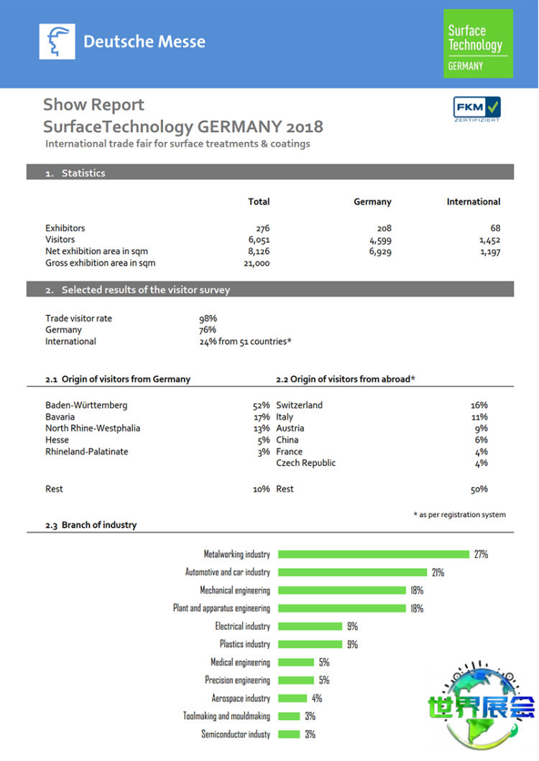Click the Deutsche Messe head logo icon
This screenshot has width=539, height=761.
tap(57, 42)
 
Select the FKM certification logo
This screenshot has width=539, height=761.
tap(476, 108)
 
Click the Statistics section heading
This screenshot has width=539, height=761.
tap(83, 173)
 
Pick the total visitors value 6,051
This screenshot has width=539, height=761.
tap(257, 241)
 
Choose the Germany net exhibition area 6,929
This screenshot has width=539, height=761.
tap(379, 252)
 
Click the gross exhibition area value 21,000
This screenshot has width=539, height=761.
tap(256, 263)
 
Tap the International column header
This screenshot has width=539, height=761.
tap(473, 202)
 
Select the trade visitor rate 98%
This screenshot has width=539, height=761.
tap(208, 319)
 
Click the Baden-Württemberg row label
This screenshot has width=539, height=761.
tap(86, 406)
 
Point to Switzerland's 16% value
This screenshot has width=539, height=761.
tap(479, 406)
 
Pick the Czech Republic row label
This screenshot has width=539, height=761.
tap(305, 463)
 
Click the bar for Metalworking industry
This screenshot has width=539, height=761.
tap(374, 554)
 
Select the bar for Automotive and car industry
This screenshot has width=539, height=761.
tap(352, 572)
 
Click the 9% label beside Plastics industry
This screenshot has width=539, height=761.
tap(352, 645)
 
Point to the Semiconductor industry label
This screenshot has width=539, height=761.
tap(236, 734)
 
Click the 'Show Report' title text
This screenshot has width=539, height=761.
tap(93, 105)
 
